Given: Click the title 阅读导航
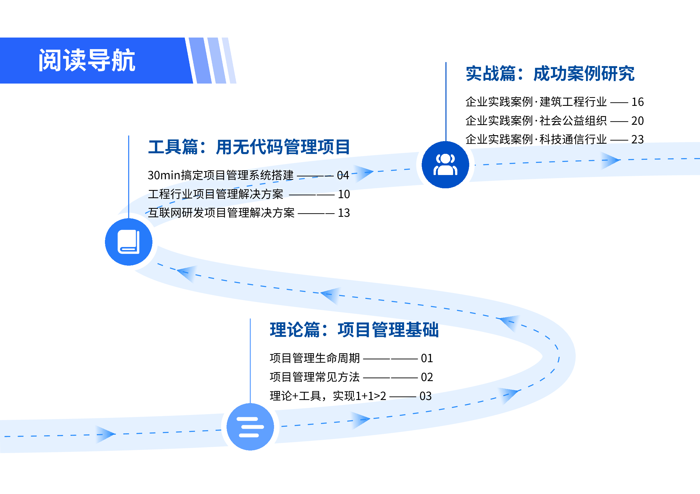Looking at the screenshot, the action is (87, 60).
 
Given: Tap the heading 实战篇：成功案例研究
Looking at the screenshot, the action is (550, 74).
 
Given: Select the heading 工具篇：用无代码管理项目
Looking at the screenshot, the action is (249, 147).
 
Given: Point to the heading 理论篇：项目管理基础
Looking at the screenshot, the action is (354, 330).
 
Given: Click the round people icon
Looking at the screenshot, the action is (445, 165).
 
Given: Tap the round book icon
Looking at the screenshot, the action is (129, 242).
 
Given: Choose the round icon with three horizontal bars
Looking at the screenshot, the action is (250, 427).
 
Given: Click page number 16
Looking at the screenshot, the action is (637, 102).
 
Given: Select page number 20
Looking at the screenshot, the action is (637, 121).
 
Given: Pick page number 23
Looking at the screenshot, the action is (637, 139).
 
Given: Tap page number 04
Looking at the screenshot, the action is (343, 175).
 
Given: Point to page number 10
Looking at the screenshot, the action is (344, 194).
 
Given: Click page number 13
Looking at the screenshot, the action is (344, 213).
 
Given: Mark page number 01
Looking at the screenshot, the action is (427, 358).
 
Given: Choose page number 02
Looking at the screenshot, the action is (427, 377).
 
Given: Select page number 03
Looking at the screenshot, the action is (426, 396).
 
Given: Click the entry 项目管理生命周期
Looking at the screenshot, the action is (315, 358).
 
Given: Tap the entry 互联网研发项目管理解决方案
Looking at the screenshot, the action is (221, 213).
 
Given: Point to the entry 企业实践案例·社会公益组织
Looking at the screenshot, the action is (536, 121).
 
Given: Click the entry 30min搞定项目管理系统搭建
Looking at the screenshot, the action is (221, 175).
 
